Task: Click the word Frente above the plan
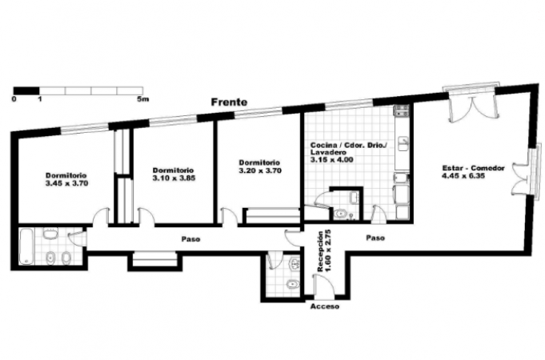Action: (230, 102)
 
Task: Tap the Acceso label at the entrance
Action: (325, 306)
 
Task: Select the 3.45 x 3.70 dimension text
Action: (66, 183)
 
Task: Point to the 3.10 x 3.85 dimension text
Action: (174, 178)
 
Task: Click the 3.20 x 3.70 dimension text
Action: (260, 170)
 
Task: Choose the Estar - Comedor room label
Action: (473, 168)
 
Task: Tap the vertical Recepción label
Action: (320, 251)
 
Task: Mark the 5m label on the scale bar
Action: (143, 99)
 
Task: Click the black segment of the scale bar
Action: (26, 90)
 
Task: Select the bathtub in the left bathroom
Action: (26, 246)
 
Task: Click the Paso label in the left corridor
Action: (190, 239)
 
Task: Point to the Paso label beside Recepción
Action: (375, 238)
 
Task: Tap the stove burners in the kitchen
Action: (402, 111)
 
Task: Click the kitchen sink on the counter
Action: (403, 143)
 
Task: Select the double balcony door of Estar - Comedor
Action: (471, 109)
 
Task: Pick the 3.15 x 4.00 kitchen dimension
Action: (331, 160)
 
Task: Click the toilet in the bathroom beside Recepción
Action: (293, 284)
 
